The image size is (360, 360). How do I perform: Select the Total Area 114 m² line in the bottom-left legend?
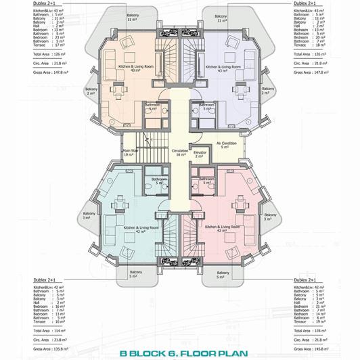coord(49,330)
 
